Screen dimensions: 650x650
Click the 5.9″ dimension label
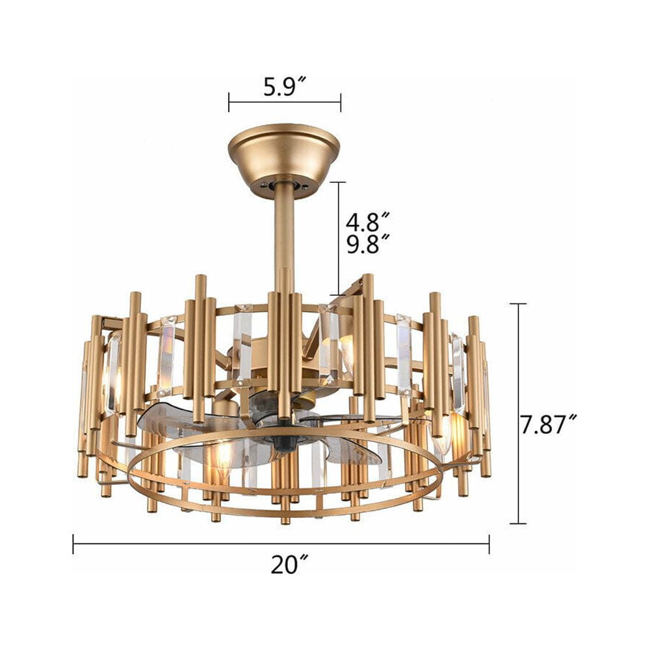tap(285, 86)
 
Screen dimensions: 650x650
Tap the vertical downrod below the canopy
tap(284, 232)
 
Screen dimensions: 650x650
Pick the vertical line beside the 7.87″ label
tap(518, 413)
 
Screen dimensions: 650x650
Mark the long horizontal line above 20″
tap(281, 543)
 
